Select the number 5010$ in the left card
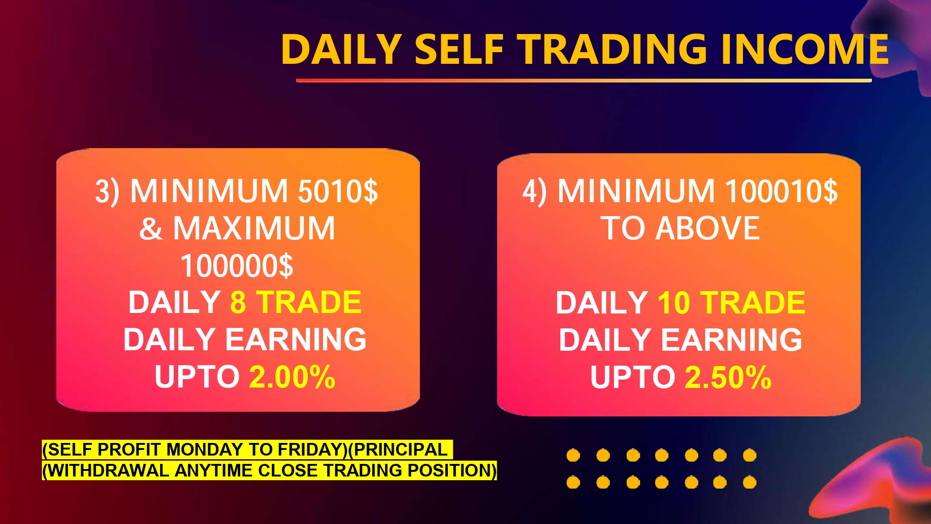click(338, 191)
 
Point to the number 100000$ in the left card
click(237, 265)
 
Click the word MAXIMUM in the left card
click(254, 228)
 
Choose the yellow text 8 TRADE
click(296, 302)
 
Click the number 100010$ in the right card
click(782, 191)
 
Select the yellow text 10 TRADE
click(731, 303)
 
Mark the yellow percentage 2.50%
click(729, 377)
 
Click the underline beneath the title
click(584, 81)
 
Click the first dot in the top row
click(573, 455)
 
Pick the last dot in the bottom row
click(749, 482)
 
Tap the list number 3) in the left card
click(107, 192)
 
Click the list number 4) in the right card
click(534, 192)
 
